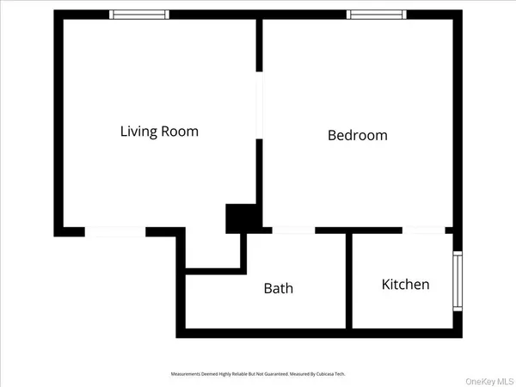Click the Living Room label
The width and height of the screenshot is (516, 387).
pyautogui.click(x=159, y=132)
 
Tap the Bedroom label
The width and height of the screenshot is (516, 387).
pyautogui.click(x=358, y=135)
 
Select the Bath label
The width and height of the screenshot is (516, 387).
pyautogui.click(x=278, y=288)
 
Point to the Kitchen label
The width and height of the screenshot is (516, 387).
pyautogui.click(x=405, y=284)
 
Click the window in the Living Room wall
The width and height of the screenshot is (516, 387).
pyautogui.click(x=140, y=15)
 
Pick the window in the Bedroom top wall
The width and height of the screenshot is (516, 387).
pyautogui.click(x=376, y=15)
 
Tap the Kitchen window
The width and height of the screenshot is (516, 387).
pyautogui.click(x=458, y=282)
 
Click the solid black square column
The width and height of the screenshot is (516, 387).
pyautogui.click(x=238, y=218)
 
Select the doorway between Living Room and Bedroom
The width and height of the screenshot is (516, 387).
pyautogui.click(x=260, y=104)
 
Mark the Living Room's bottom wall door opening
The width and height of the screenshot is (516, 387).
pyautogui.click(x=114, y=231)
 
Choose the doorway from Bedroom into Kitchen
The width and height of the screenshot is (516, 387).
pyautogui.click(x=423, y=230)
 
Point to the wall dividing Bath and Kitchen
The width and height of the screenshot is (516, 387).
pyautogui.click(x=348, y=279)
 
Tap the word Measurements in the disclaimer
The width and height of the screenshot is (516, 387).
pyautogui.click(x=185, y=374)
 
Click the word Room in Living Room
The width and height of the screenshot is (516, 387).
pyautogui.click(x=180, y=132)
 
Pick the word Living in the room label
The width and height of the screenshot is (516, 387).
pyautogui.click(x=138, y=132)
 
